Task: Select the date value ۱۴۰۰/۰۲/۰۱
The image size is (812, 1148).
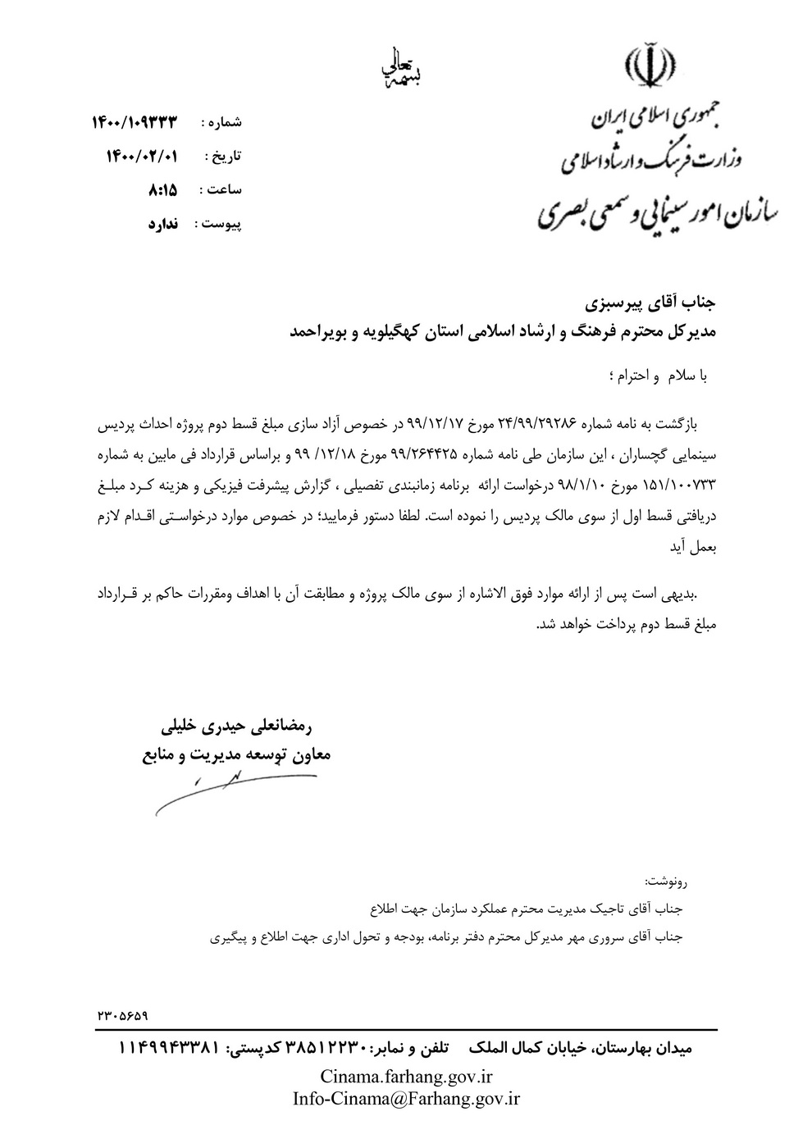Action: click(x=142, y=156)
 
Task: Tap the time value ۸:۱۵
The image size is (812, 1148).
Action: click(x=162, y=189)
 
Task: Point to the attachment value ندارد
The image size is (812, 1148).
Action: click(x=163, y=223)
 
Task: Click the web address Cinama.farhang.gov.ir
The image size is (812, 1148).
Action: click(x=406, y=1076)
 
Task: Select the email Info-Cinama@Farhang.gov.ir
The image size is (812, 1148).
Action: click(x=406, y=1099)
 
